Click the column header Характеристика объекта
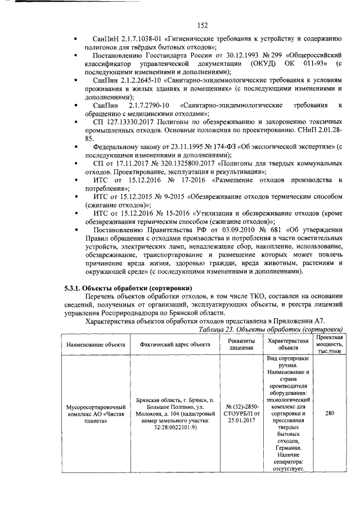[289, 344]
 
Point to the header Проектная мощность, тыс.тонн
[330, 344]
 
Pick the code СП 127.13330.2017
[127, 121]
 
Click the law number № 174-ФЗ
[200, 147]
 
